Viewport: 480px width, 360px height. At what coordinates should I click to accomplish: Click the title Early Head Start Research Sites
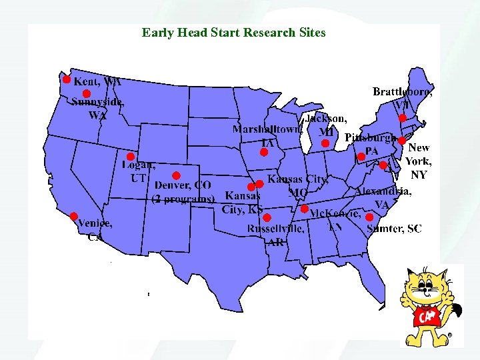pos(233,32)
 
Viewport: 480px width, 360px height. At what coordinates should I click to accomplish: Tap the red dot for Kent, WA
pos(66,79)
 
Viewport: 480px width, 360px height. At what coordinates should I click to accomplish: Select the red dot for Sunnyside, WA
pos(86,94)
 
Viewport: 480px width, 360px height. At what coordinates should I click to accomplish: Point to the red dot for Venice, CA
pos(73,216)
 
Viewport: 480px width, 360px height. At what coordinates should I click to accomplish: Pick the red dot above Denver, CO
pos(176,175)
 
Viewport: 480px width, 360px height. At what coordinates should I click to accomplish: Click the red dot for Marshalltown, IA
pos(263,152)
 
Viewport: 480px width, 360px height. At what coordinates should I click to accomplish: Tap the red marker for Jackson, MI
pos(325,143)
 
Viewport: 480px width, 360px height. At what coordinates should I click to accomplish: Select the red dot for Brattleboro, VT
pos(402,118)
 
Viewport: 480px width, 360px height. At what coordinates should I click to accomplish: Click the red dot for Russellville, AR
pos(267,217)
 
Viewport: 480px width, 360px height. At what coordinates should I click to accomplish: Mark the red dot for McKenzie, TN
pos(305,209)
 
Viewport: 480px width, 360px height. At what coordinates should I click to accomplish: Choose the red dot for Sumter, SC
pos(369,217)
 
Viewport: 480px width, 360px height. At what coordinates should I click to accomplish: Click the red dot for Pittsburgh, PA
pos(361,157)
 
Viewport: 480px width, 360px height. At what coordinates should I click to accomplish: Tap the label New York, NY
pos(419,161)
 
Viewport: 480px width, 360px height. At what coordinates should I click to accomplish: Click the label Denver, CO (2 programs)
pos(183,191)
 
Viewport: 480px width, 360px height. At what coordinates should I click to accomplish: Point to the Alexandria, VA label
pos(383,197)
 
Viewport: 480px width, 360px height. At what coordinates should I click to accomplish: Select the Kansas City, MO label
pos(297,185)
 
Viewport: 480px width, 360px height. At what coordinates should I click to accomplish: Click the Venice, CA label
pos(94,230)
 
